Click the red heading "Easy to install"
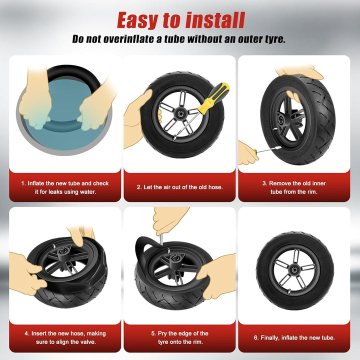point(181,20)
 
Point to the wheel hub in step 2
point(180,113)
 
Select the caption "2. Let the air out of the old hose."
point(180,187)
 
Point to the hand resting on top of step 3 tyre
point(298,71)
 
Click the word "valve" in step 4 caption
point(89,342)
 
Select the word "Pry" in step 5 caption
point(162,333)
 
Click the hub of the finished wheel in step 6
point(294,269)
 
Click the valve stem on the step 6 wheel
point(289,291)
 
